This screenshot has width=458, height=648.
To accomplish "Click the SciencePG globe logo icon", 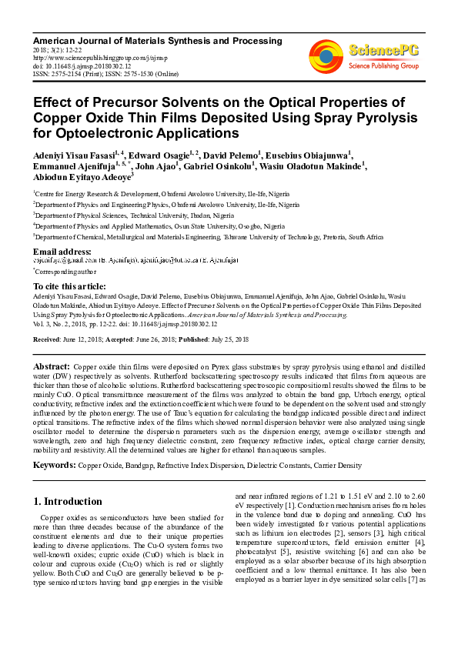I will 326,55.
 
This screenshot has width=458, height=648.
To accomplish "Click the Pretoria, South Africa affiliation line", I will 208,238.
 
